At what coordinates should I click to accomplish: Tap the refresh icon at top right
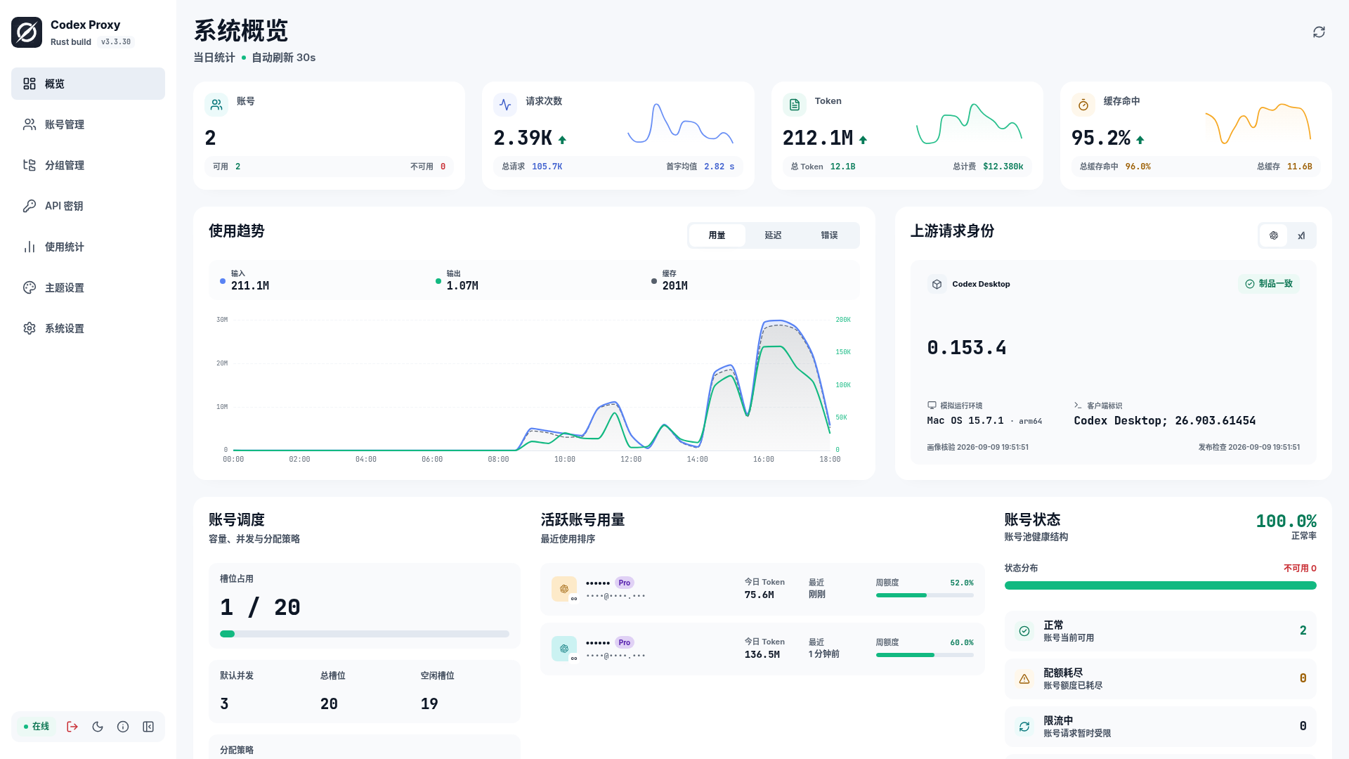coord(1319,32)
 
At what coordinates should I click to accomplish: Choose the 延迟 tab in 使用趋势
coord(773,235)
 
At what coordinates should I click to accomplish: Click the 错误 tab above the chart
coord(829,235)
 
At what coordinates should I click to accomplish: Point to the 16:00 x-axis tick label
coord(763,460)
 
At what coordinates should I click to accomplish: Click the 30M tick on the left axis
coord(222,320)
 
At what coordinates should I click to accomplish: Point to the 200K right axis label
coord(843,320)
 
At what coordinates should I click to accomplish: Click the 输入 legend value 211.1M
coord(250,286)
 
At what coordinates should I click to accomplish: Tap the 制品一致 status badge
coord(1269,284)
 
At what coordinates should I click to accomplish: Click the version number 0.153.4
coord(967,348)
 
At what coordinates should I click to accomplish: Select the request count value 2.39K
coord(523,138)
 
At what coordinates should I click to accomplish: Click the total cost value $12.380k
coord(1003,167)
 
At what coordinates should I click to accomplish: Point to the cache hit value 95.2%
coord(1101,138)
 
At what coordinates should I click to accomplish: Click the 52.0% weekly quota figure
coord(962,583)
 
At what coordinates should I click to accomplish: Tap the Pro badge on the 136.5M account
coord(625,642)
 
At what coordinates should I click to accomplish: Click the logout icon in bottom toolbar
coord(72,727)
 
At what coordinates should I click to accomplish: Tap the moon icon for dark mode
coord(98,727)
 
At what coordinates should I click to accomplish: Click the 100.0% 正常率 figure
coord(1286,521)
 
